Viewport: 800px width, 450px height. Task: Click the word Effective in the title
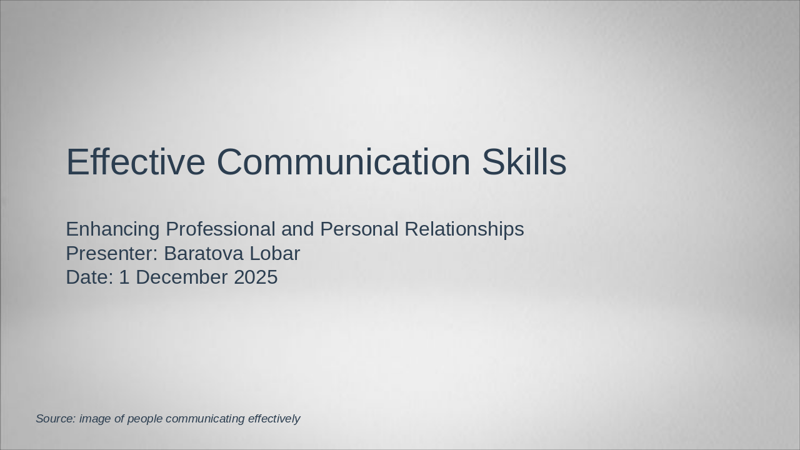pyautogui.click(x=135, y=162)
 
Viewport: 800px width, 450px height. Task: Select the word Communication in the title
pyautogui.click(x=343, y=162)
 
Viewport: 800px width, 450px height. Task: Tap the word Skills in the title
pyautogui.click(x=524, y=162)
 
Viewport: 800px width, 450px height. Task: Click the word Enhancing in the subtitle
pyautogui.click(x=113, y=229)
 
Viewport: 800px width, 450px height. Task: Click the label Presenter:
pyautogui.click(x=112, y=254)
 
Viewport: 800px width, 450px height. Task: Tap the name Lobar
pyautogui.click(x=275, y=254)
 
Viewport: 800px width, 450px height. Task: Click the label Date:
pyautogui.click(x=89, y=277)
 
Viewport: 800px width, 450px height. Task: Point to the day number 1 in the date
pyautogui.click(x=124, y=277)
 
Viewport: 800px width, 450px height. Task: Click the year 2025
pyautogui.click(x=256, y=277)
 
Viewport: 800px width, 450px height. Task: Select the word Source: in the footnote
pyautogui.click(x=55, y=419)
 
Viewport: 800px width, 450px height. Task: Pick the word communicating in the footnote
pyautogui.click(x=206, y=419)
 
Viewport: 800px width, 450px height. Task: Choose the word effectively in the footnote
pyautogui.click(x=274, y=419)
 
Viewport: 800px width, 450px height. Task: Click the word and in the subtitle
pyautogui.click(x=297, y=229)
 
